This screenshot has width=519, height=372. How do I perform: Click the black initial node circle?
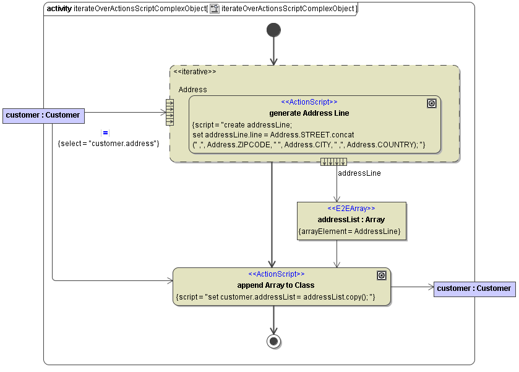click(x=273, y=30)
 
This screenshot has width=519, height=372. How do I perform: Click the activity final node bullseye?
click(x=273, y=341)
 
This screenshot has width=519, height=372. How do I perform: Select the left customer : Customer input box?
click(x=43, y=115)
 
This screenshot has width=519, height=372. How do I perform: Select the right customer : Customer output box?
click(x=474, y=288)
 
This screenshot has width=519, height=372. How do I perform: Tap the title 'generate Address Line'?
click(x=309, y=113)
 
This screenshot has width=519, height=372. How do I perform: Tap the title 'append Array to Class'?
click(x=276, y=285)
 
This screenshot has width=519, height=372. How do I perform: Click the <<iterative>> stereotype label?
click(x=195, y=72)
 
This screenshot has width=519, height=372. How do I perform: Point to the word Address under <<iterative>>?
click(x=193, y=90)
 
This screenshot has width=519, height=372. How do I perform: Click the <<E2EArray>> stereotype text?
click(x=351, y=209)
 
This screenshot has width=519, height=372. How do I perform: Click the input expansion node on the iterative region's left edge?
click(x=169, y=112)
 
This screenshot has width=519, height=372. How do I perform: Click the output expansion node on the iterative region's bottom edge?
click(x=333, y=162)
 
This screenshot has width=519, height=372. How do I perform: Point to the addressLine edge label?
click(x=359, y=173)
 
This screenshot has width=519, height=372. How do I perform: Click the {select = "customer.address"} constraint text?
click(x=108, y=144)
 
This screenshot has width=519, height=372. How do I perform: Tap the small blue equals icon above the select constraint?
click(x=105, y=133)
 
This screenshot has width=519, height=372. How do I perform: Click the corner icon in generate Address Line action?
click(x=432, y=103)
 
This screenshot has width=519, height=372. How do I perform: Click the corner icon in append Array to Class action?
click(x=382, y=275)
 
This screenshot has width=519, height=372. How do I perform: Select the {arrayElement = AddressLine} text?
click(x=350, y=231)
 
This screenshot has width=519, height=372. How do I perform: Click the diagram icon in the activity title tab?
click(x=215, y=9)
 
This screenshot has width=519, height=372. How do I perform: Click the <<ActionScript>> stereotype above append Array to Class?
click(x=277, y=274)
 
